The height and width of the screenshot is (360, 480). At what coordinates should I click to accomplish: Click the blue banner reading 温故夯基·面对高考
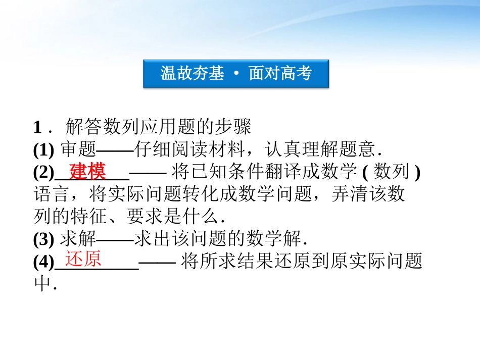[x=236, y=74]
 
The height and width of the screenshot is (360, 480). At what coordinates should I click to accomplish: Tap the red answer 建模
[x=87, y=171]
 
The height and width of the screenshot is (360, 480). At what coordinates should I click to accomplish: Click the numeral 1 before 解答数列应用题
[x=37, y=127]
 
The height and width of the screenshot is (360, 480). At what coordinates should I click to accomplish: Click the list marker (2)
[x=44, y=173]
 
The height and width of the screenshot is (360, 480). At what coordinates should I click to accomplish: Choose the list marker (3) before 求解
[x=44, y=239]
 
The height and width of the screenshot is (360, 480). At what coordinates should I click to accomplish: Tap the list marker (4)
[x=44, y=262]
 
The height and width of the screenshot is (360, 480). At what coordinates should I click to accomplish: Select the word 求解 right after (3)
[x=78, y=239]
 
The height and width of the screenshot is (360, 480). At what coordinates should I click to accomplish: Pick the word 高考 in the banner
[x=297, y=74]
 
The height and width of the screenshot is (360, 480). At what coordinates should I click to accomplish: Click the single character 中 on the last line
[x=42, y=284]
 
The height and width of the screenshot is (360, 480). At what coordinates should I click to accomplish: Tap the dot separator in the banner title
[x=236, y=74]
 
